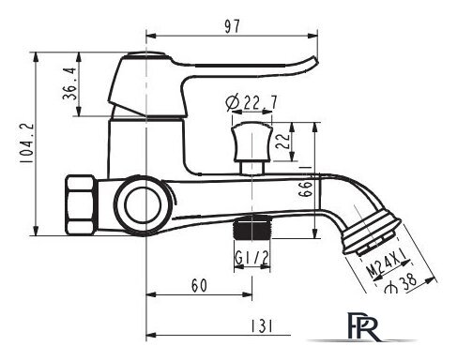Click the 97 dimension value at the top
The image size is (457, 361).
(232, 26)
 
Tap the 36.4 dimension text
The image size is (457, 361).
(69, 83)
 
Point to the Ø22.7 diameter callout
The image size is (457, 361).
(251, 102)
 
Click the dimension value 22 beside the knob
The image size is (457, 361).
(282, 142)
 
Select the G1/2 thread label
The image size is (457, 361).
(251, 258)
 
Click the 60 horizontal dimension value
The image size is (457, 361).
(199, 285)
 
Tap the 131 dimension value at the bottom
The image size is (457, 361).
(262, 326)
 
